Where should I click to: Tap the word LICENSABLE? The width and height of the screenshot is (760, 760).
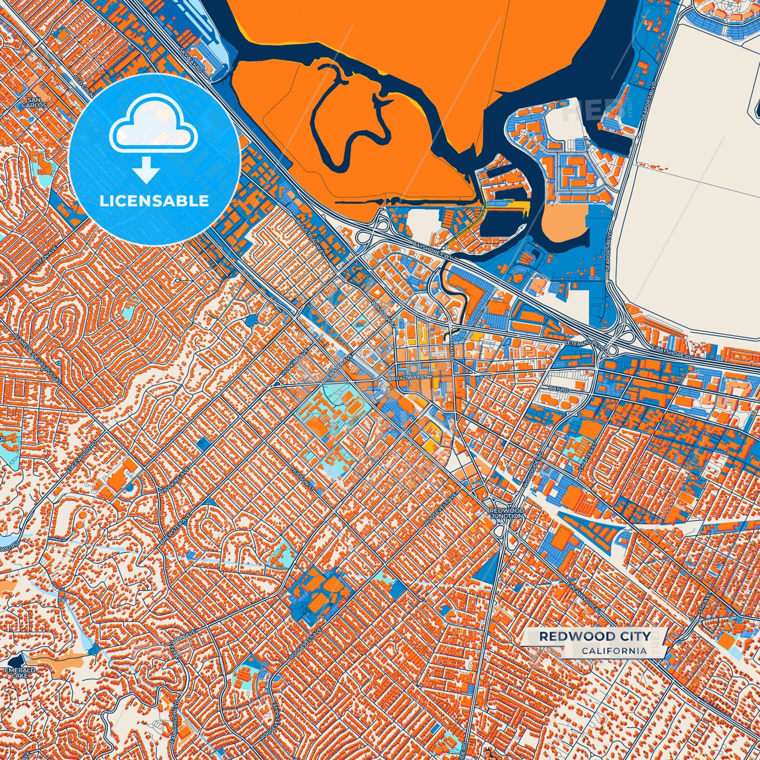click(155, 201)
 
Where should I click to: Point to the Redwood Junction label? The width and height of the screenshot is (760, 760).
click(507, 513)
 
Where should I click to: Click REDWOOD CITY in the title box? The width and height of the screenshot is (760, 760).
click(594, 636)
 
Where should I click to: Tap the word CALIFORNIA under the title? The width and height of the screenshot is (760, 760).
click(614, 651)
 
